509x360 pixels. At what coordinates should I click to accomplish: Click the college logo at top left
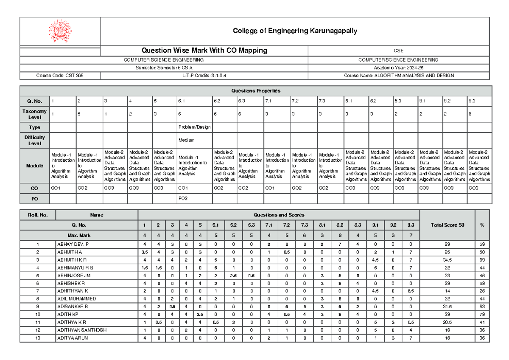tap(60, 31)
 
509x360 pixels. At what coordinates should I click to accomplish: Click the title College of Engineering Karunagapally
tap(295, 31)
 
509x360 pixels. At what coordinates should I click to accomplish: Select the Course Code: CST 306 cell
tap(60, 76)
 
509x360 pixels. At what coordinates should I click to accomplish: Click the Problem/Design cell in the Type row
tap(194, 127)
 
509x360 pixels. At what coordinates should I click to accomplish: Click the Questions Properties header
tap(255, 91)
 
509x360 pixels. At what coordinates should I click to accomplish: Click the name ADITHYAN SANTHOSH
tap(82, 330)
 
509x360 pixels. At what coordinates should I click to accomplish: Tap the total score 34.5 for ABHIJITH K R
tap(447, 260)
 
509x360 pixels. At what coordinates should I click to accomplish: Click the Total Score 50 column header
tap(447, 225)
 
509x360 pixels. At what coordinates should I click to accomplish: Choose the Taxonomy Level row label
tap(35, 114)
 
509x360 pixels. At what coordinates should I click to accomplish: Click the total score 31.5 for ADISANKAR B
tap(447, 307)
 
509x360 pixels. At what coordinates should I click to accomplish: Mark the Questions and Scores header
tap(278, 215)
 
